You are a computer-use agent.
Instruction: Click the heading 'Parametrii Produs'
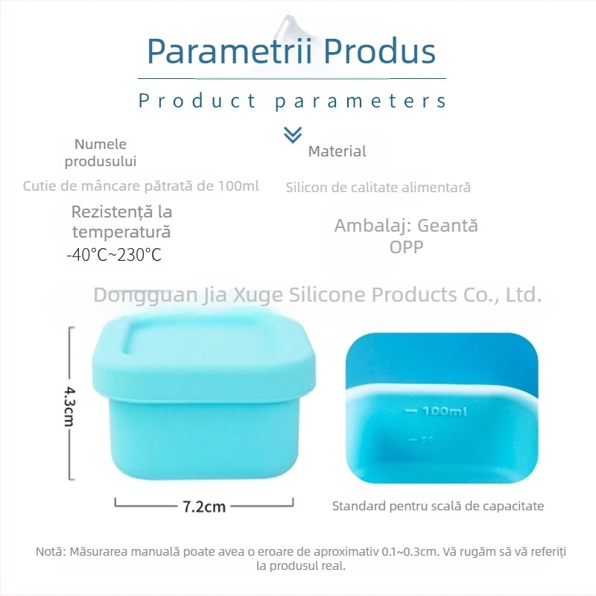click(291, 51)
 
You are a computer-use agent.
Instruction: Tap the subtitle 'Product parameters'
click(293, 101)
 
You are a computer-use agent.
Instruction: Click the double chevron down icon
click(293, 134)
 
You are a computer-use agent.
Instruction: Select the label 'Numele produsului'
click(101, 152)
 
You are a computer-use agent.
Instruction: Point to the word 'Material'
click(337, 151)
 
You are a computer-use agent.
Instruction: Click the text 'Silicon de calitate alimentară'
click(378, 188)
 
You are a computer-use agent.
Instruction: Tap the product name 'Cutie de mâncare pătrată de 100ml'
click(141, 186)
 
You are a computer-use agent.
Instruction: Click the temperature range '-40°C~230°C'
click(114, 255)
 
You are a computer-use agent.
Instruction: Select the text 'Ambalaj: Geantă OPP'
click(406, 235)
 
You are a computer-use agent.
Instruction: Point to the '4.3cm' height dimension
click(69, 405)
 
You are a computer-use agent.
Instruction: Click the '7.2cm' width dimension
click(203, 507)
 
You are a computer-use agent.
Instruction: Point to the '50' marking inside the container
click(426, 440)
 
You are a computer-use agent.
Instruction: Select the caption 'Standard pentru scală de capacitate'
click(437, 506)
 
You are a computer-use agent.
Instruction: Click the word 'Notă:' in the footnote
click(51, 552)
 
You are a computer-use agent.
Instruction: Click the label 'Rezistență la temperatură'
click(121, 222)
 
